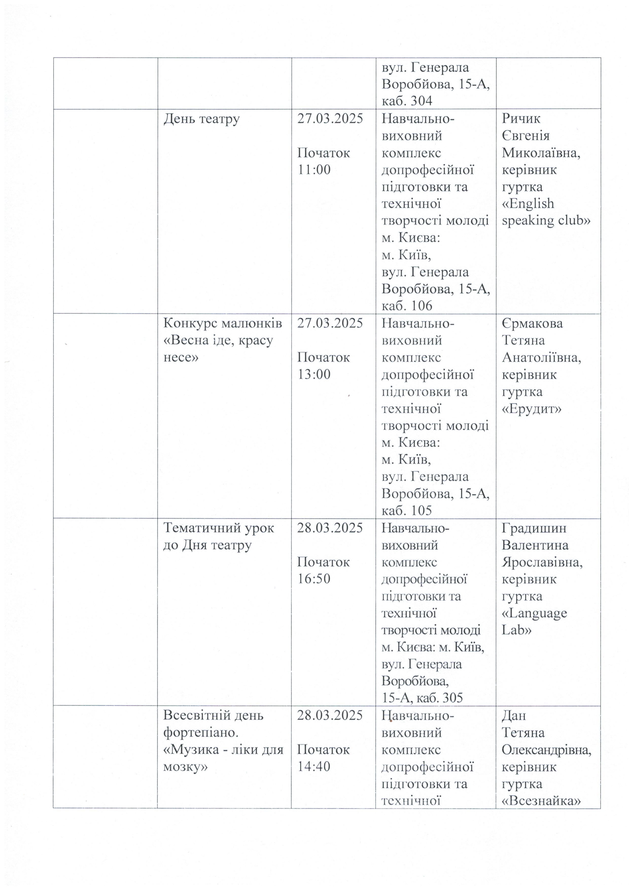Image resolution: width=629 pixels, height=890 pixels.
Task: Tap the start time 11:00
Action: pyautogui.click(x=314, y=170)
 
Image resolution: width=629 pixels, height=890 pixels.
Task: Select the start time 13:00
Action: pyautogui.click(x=314, y=374)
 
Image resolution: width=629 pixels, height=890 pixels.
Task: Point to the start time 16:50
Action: pyautogui.click(x=314, y=579)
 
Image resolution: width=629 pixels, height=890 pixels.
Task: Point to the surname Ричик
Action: pyautogui.click(x=521, y=119)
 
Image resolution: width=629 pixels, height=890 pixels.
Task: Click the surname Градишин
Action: pyautogui.click(x=534, y=528)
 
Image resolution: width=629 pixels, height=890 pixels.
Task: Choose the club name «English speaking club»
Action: pyautogui.click(x=546, y=212)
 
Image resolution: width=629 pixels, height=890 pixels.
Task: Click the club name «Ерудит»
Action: pyautogui.click(x=532, y=409)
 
